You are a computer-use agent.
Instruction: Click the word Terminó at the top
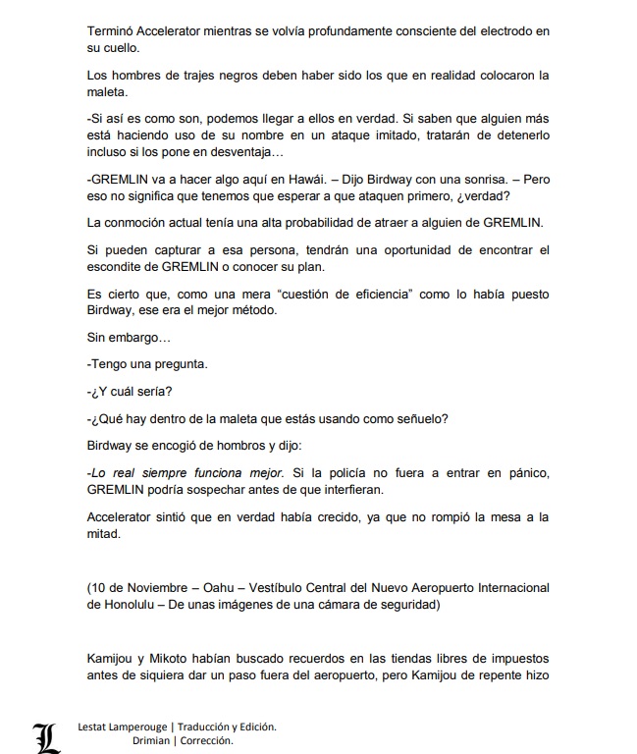pyautogui.click(x=113, y=31)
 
